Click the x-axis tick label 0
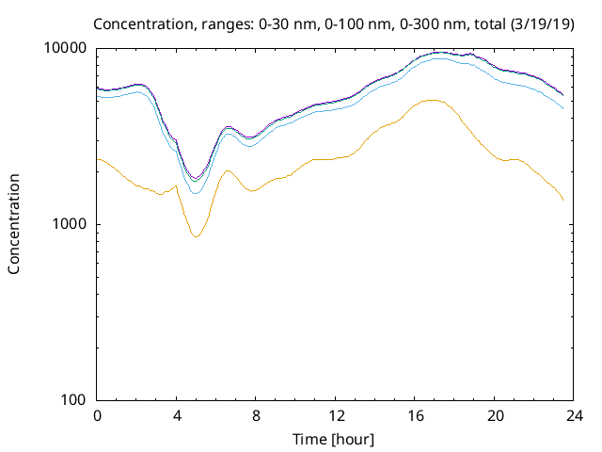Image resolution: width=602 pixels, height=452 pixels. [97, 415]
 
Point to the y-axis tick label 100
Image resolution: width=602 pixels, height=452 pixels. [75, 400]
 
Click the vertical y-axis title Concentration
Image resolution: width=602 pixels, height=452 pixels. [14, 224]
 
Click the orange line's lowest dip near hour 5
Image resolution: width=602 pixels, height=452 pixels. [196, 236]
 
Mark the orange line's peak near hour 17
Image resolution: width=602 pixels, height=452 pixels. [432, 100]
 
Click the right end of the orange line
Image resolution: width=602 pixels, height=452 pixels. [563, 201]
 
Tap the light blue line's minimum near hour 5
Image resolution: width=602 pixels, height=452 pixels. [196, 193]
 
